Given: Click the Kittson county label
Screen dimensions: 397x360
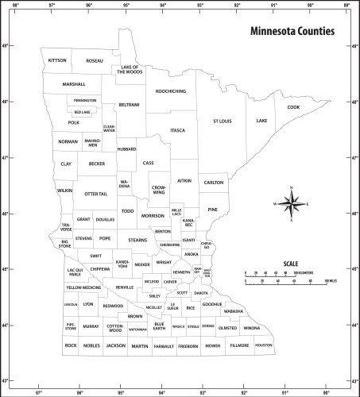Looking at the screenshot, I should coord(57,60).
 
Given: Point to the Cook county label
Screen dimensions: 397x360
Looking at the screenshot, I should coord(293,107).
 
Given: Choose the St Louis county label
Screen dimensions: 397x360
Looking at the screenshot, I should coord(222,121).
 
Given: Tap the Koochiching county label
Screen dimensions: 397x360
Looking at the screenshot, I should coord(171,91).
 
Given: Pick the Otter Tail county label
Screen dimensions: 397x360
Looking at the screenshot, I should coord(95,194).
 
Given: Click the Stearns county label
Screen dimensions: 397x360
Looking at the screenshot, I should coord(137,239).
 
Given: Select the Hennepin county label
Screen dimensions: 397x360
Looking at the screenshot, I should coord(182,272).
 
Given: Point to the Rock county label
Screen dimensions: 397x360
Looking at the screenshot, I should coord(71,346).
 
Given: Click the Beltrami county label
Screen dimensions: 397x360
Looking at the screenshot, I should coord(129,105).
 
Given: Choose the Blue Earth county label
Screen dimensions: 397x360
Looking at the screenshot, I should coord(159,326).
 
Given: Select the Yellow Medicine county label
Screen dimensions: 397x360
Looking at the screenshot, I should coord(83,287).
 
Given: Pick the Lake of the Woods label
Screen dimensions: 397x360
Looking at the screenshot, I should coord(130,70).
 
